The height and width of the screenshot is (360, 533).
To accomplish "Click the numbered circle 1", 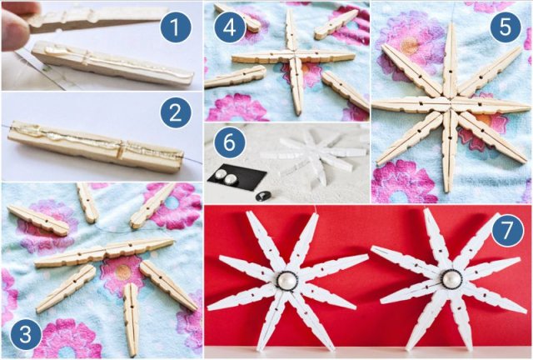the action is point(175,27).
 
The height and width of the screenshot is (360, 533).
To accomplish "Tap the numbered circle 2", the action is point(176,112).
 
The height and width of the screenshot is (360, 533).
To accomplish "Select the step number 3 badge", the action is point(26,334).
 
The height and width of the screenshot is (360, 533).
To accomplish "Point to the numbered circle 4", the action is point(230,27).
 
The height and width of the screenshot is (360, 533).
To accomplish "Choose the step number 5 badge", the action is point(506,27).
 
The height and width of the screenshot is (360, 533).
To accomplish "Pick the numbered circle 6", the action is point(230,142).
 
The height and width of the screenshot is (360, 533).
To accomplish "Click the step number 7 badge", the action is point(507,231).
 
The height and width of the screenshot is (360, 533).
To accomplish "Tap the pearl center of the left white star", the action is point(286,281).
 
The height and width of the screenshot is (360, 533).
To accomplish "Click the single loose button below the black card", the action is point(262,195).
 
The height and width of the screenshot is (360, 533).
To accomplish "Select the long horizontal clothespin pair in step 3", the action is point(104,252).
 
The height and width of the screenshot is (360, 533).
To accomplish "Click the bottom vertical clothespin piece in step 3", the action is point(132,318).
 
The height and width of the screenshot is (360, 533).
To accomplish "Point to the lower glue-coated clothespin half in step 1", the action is point(112,63).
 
